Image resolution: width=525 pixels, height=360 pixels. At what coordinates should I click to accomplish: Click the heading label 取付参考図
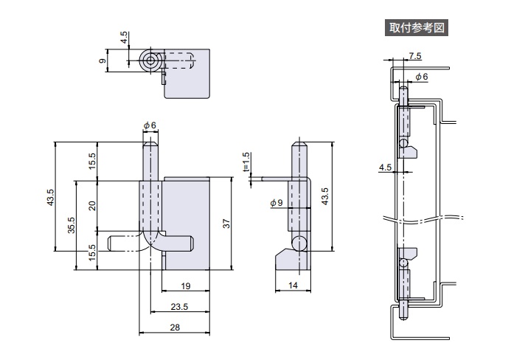417,28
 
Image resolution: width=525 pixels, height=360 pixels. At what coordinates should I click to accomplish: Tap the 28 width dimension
175,328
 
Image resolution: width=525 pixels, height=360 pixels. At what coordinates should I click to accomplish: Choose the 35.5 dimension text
70,224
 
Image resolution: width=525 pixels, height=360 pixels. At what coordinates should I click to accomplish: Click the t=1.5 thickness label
246,162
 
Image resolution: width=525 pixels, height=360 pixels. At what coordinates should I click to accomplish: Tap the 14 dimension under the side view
292,285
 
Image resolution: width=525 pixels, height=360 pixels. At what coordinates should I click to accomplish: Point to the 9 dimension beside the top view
102,60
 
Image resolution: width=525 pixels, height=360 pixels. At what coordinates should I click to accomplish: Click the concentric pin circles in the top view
151,60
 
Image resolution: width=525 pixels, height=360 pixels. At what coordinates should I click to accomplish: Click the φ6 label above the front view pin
150,125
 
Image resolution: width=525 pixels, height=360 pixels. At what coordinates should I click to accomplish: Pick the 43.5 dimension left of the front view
50,198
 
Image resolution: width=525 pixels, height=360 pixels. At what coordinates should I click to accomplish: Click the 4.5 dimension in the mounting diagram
384,167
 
